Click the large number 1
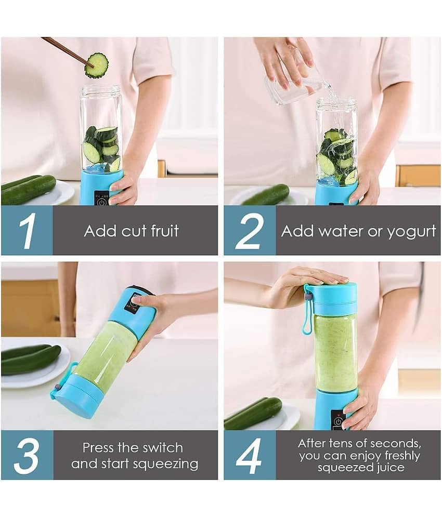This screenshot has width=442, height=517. point(28,231)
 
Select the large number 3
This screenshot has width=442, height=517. point(27,456)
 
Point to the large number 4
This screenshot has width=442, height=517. point(249,456)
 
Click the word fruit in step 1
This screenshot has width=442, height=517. point(165,231)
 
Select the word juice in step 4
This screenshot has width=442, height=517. point(389,468)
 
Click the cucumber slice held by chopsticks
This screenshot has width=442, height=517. point(97,65)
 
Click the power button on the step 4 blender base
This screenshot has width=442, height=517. point(337,422)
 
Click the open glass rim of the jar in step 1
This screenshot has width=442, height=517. point(101,88)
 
